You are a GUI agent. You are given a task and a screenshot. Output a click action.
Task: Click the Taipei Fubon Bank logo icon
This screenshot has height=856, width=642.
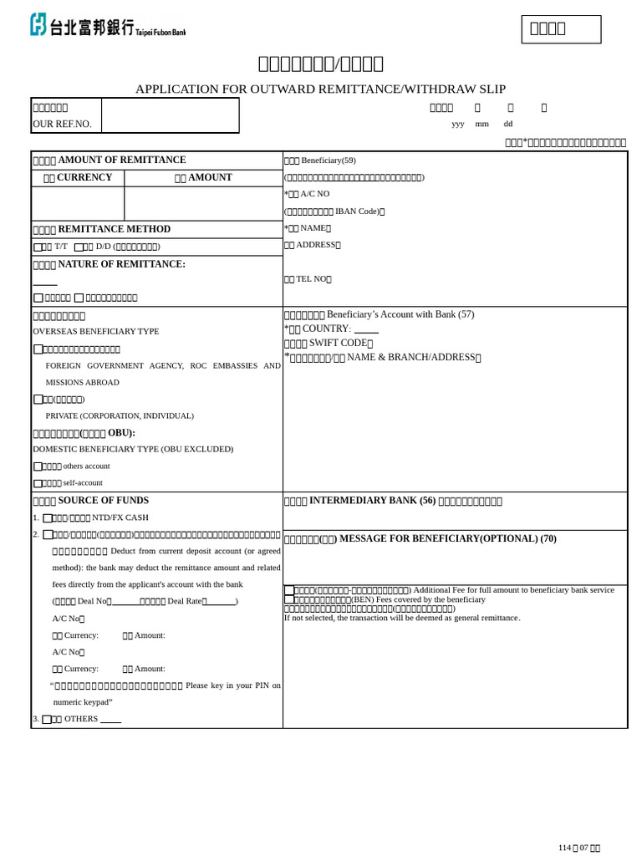click(x=38, y=24)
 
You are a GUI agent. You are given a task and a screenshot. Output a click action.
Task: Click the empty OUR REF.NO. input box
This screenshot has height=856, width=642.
click(x=170, y=115)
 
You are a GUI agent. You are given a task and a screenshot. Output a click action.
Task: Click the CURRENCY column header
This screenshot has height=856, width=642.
click(x=78, y=178)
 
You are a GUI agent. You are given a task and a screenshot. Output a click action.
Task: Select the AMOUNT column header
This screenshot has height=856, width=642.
click(x=203, y=178)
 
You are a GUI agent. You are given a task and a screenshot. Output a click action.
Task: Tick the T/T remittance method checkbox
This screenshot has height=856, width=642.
click(x=38, y=247)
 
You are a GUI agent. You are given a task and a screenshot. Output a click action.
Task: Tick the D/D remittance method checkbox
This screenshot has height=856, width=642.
click(x=79, y=247)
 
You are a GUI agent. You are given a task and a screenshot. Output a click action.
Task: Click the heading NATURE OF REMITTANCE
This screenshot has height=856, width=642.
click(x=109, y=264)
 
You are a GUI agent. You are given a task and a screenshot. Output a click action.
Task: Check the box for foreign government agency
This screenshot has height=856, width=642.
click(x=38, y=349)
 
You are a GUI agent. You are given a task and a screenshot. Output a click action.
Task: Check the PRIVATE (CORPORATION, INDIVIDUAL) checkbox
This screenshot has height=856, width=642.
click(x=38, y=400)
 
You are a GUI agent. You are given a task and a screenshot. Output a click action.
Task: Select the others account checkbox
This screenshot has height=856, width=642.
click(x=38, y=466)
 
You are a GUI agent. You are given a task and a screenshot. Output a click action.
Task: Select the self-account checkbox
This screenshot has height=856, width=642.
click(x=38, y=483)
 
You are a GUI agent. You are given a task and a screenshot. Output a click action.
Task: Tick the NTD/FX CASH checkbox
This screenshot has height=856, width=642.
click(x=48, y=518)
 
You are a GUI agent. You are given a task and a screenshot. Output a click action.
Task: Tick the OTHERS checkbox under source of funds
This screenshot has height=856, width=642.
click(x=47, y=719)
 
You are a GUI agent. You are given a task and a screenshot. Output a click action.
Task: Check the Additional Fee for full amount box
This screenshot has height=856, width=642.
click(x=289, y=590)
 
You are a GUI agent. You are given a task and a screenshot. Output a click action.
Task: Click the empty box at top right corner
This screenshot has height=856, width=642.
click(x=561, y=29)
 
